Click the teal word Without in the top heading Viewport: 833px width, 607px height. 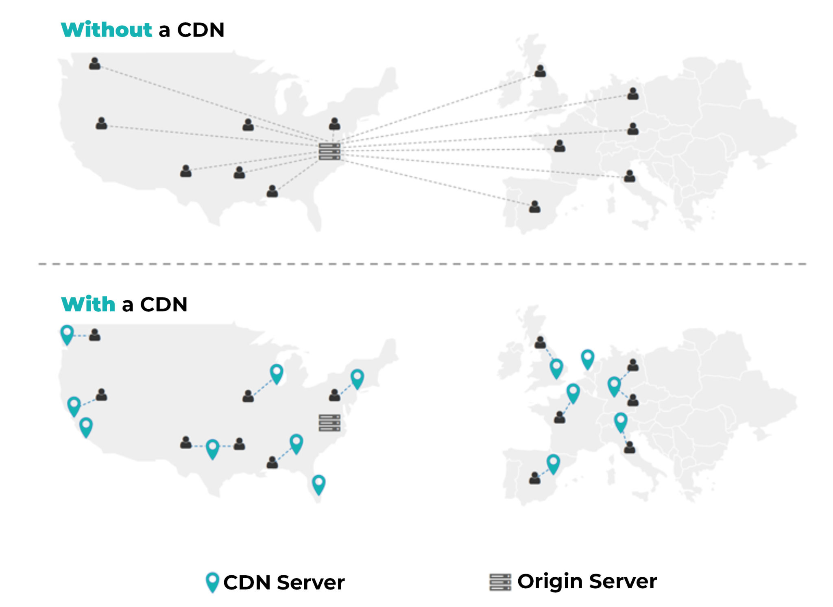pyautogui.click(x=107, y=30)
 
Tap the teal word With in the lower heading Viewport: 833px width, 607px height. pyautogui.click(x=88, y=304)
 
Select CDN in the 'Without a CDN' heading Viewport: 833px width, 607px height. pyautogui.click(x=201, y=30)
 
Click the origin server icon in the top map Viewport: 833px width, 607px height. pyautogui.click(x=329, y=151)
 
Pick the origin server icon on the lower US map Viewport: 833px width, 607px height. pyautogui.click(x=329, y=423)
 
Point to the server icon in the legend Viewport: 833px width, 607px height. pyautogui.click(x=500, y=582)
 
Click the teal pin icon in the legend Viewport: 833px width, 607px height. pyautogui.click(x=212, y=582)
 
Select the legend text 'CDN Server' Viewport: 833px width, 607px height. pyautogui.click(x=284, y=582)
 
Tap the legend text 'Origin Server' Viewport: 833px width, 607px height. pyautogui.click(x=587, y=581)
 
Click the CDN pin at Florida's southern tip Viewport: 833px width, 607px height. pyautogui.click(x=318, y=484)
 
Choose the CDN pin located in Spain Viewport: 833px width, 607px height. pyautogui.click(x=553, y=464)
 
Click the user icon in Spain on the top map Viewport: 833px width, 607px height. pyautogui.click(x=535, y=207)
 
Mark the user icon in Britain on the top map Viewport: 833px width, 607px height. pyautogui.click(x=540, y=71)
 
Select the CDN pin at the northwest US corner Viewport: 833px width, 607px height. pyautogui.click(x=67, y=334)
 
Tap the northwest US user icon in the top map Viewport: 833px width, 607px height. pyautogui.click(x=95, y=64)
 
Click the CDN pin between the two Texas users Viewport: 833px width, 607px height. pyautogui.click(x=212, y=449)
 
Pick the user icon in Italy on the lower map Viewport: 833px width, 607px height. pyautogui.click(x=630, y=448)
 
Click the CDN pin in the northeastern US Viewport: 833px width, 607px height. pyautogui.click(x=357, y=378)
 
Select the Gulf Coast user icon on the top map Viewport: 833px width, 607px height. pyautogui.click(x=272, y=191)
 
